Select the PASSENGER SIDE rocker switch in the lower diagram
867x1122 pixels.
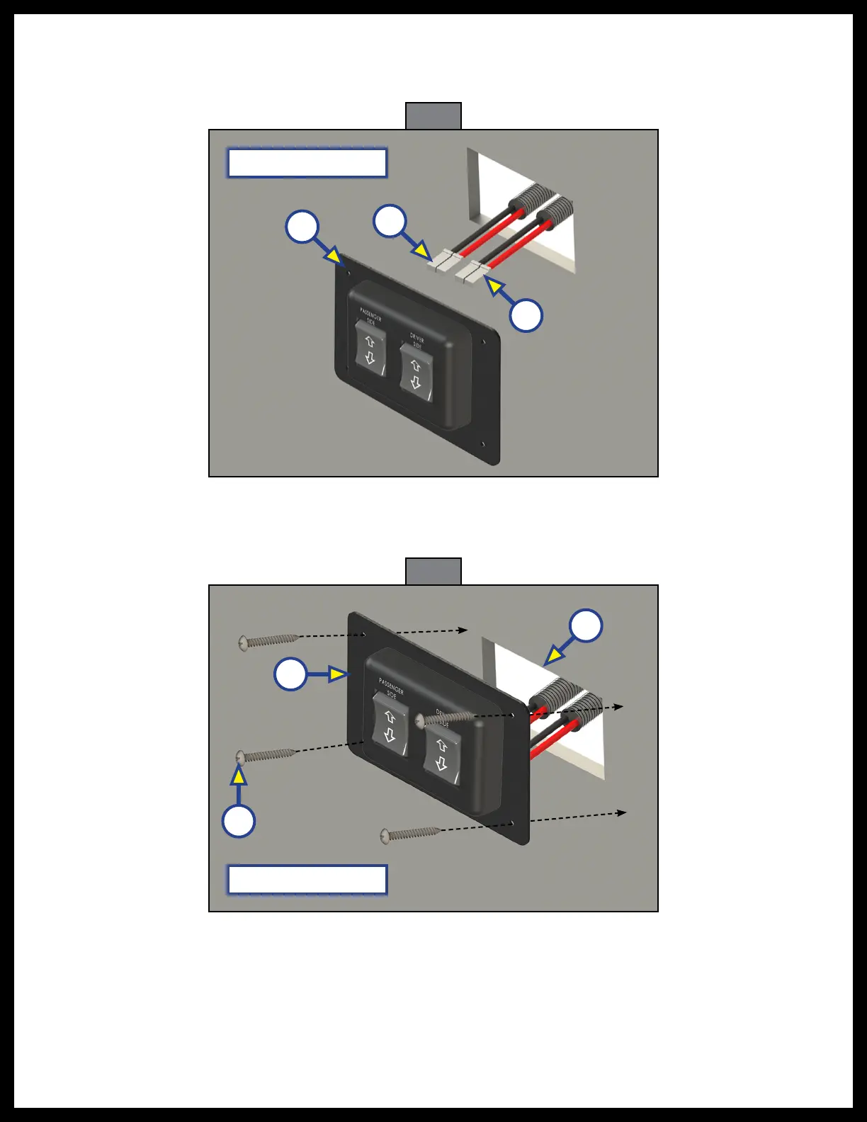tap(389, 725)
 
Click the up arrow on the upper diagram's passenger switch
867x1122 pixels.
tap(369, 341)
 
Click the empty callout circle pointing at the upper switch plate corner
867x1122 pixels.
tap(302, 227)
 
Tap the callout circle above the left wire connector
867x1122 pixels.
tap(390, 221)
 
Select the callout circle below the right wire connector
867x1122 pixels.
tap(526, 315)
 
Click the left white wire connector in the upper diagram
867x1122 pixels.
tap(445, 261)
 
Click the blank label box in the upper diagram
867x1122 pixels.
tap(307, 163)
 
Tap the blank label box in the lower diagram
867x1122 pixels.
tap(307, 880)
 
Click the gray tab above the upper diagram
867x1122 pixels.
tap(433, 116)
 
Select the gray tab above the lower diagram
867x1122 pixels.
tap(433, 572)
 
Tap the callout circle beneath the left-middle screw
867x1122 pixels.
tap(239, 822)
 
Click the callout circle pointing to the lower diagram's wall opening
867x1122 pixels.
tap(586, 625)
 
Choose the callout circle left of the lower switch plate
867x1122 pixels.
tap(290, 674)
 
